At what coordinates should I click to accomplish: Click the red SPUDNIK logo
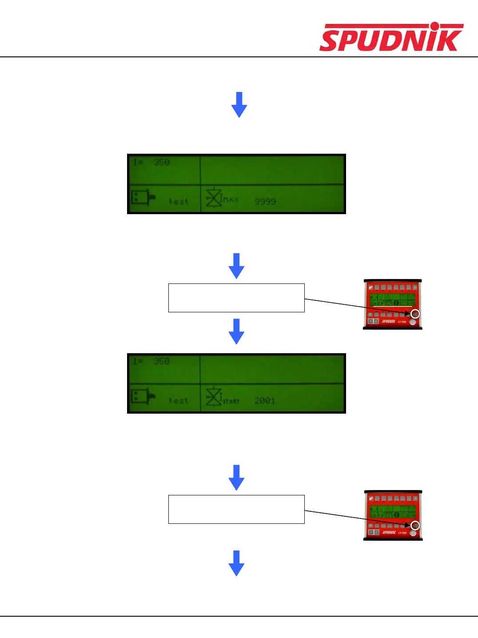pyautogui.click(x=391, y=38)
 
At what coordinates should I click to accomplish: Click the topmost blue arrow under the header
pyautogui.click(x=239, y=104)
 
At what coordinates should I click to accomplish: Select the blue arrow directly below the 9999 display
pyautogui.click(x=236, y=266)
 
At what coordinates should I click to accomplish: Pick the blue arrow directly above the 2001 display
pyautogui.click(x=236, y=331)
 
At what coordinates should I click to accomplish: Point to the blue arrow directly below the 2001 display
pyautogui.click(x=236, y=477)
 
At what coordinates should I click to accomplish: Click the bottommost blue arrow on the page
pyautogui.click(x=236, y=563)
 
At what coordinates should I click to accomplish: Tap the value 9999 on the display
pyautogui.click(x=265, y=201)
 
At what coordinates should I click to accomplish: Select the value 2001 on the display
pyautogui.click(x=265, y=401)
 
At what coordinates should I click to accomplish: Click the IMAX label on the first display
pyautogui.click(x=230, y=199)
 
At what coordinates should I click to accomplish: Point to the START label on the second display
pyautogui.click(x=231, y=401)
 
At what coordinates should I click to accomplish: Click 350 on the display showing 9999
pyautogui.click(x=162, y=162)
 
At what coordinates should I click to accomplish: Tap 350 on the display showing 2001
pyautogui.click(x=162, y=361)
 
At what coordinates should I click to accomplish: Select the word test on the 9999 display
pyautogui.click(x=179, y=202)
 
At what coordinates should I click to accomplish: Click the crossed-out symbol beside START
pyautogui.click(x=214, y=396)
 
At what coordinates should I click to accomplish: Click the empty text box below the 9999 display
pyautogui.click(x=236, y=298)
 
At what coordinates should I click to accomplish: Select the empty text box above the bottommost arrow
pyautogui.click(x=236, y=509)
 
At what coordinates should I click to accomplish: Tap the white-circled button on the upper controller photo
pyautogui.click(x=415, y=314)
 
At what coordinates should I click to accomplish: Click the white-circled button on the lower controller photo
pyautogui.click(x=415, y=525)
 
